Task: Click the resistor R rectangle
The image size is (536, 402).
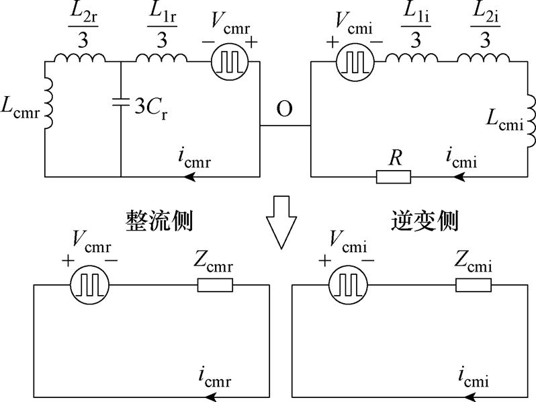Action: (393, 177)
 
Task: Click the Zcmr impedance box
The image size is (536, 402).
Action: (215, 285)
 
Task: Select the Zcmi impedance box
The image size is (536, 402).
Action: (473, 285)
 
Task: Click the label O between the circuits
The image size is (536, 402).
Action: (284, 109)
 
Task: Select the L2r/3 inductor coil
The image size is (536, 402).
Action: (80, 58)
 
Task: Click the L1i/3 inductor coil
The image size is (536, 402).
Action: (412, 58)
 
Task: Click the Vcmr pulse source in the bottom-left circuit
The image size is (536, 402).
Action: (88, 285)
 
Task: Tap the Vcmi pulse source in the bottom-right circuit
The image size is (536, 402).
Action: (347, 285)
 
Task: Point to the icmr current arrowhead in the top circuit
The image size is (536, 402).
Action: (191, 177)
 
